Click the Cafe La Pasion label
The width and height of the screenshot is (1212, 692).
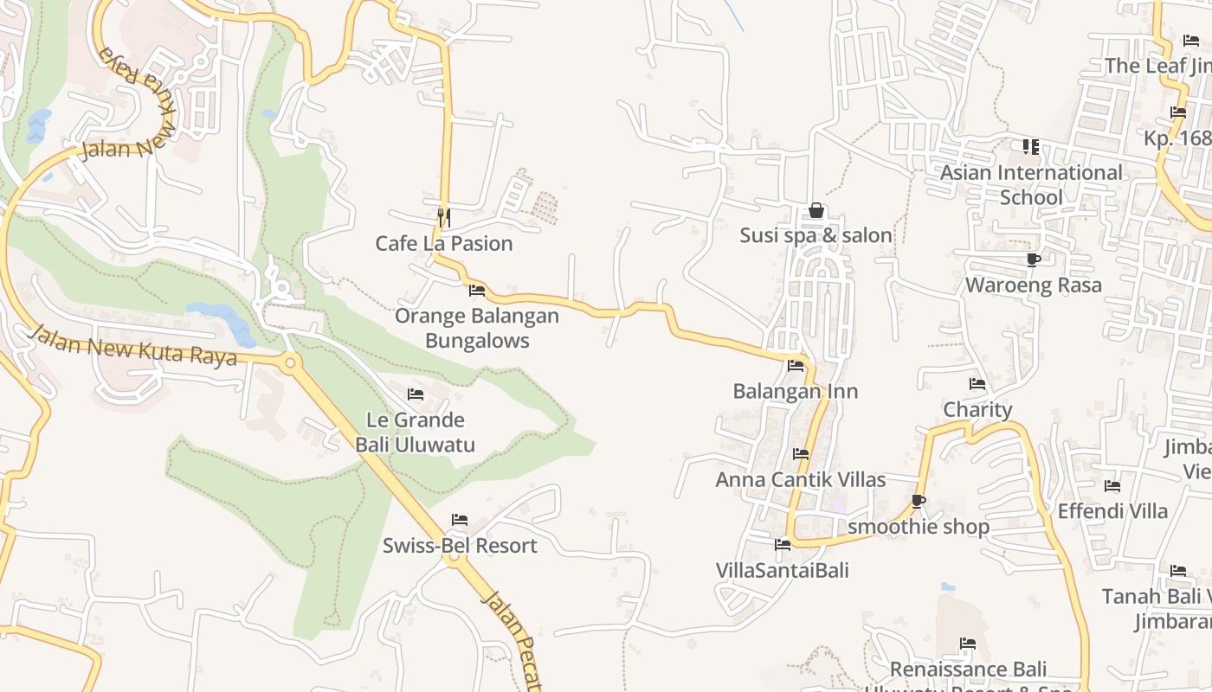(443, 244)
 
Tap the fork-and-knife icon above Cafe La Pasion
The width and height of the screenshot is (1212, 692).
(443, 216)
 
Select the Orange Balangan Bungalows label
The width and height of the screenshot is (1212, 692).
(477, 328)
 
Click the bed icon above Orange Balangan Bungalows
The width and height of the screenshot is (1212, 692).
(476, 290)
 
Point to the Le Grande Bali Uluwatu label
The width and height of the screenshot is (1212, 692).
(416, 432)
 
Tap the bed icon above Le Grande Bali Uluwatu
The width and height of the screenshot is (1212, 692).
(416, 394)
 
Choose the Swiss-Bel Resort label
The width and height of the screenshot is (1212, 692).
(460, 546)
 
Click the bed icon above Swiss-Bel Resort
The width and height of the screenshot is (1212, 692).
(460, 520)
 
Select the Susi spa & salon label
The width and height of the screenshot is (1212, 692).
(816, 235)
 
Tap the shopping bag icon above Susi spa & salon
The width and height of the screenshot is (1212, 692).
(816, 210)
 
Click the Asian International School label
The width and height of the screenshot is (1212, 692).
(1031, 185)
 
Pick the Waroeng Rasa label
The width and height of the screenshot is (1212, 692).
(1033, 285)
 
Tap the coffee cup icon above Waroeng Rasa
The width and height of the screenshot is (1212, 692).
(1033, 259)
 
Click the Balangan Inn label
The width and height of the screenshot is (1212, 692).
(796, 391)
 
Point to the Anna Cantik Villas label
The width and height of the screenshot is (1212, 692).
(801, 479)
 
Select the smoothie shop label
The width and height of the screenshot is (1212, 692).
(919, 527)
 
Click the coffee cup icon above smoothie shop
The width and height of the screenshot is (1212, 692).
(919, 501)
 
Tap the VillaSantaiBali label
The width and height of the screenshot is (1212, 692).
(783, 570)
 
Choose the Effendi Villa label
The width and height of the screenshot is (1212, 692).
(1112, 511)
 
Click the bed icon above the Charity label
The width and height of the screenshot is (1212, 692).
(977, 384)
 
